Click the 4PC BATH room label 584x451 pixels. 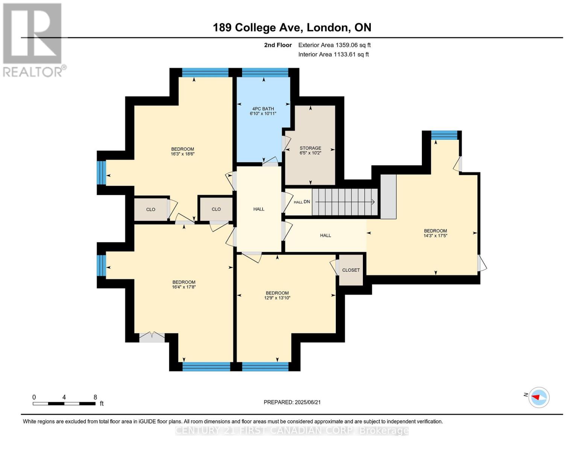point(263,109)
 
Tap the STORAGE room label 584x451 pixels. point(310,148)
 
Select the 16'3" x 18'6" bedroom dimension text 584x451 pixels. point(182,154)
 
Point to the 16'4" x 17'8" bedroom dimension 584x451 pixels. point(184,287)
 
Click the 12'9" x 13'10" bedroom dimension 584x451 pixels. point(277,298)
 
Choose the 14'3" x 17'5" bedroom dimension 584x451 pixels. point(435,236)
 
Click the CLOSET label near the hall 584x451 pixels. point(351,270)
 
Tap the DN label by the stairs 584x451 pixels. point(307,202)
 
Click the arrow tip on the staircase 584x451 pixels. point(373,202)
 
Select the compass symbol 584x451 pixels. point(538,397)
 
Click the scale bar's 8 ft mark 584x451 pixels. point(95,398)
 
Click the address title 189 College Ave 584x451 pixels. point(292,27)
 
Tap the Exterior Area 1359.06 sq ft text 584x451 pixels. point(334,45)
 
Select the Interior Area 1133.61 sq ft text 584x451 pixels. point(333,54)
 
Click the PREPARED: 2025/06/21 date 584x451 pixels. point(292,402)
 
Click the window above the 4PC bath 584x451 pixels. point(265,73)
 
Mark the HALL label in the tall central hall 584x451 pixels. point(259,209)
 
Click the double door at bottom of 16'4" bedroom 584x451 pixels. point(152,337)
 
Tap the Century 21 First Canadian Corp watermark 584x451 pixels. point(292,431)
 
